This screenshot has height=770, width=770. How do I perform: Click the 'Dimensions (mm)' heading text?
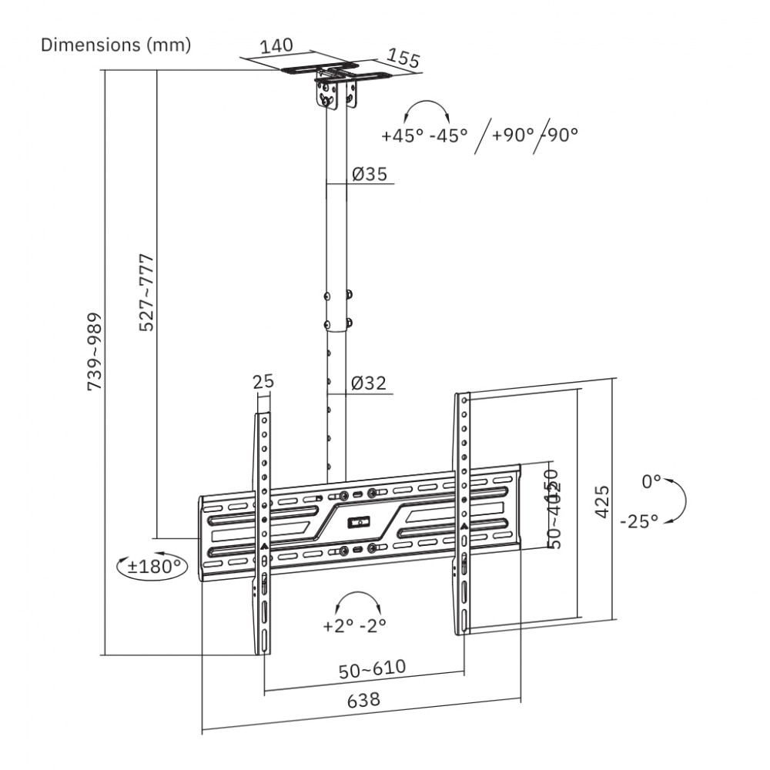(115, 45)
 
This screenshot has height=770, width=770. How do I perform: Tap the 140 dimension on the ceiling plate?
(276, 45)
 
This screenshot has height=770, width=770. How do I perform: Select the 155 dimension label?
(402, 59)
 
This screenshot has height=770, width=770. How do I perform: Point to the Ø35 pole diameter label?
(369, 174)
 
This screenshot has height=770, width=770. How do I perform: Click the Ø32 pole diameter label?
(368, 383)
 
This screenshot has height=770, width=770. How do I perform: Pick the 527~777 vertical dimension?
(146, 292)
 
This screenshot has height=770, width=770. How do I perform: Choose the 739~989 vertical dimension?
(94, 350)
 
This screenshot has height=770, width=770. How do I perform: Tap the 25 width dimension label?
(263, 381)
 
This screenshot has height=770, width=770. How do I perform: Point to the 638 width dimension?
(363, 701)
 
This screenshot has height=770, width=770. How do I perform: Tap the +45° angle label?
(402, 136)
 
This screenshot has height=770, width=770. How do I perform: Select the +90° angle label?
(513, 135)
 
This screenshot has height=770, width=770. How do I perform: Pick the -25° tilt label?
(639, 521)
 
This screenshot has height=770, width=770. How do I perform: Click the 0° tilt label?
(651, 482)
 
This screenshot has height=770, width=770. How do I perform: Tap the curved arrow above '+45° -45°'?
(425, 109)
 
